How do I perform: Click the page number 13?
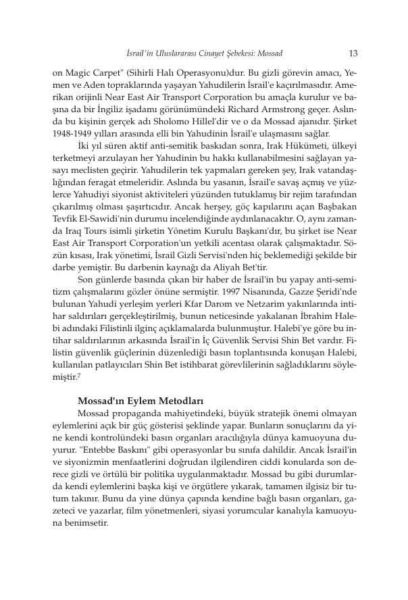click(x=352, y=52)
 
